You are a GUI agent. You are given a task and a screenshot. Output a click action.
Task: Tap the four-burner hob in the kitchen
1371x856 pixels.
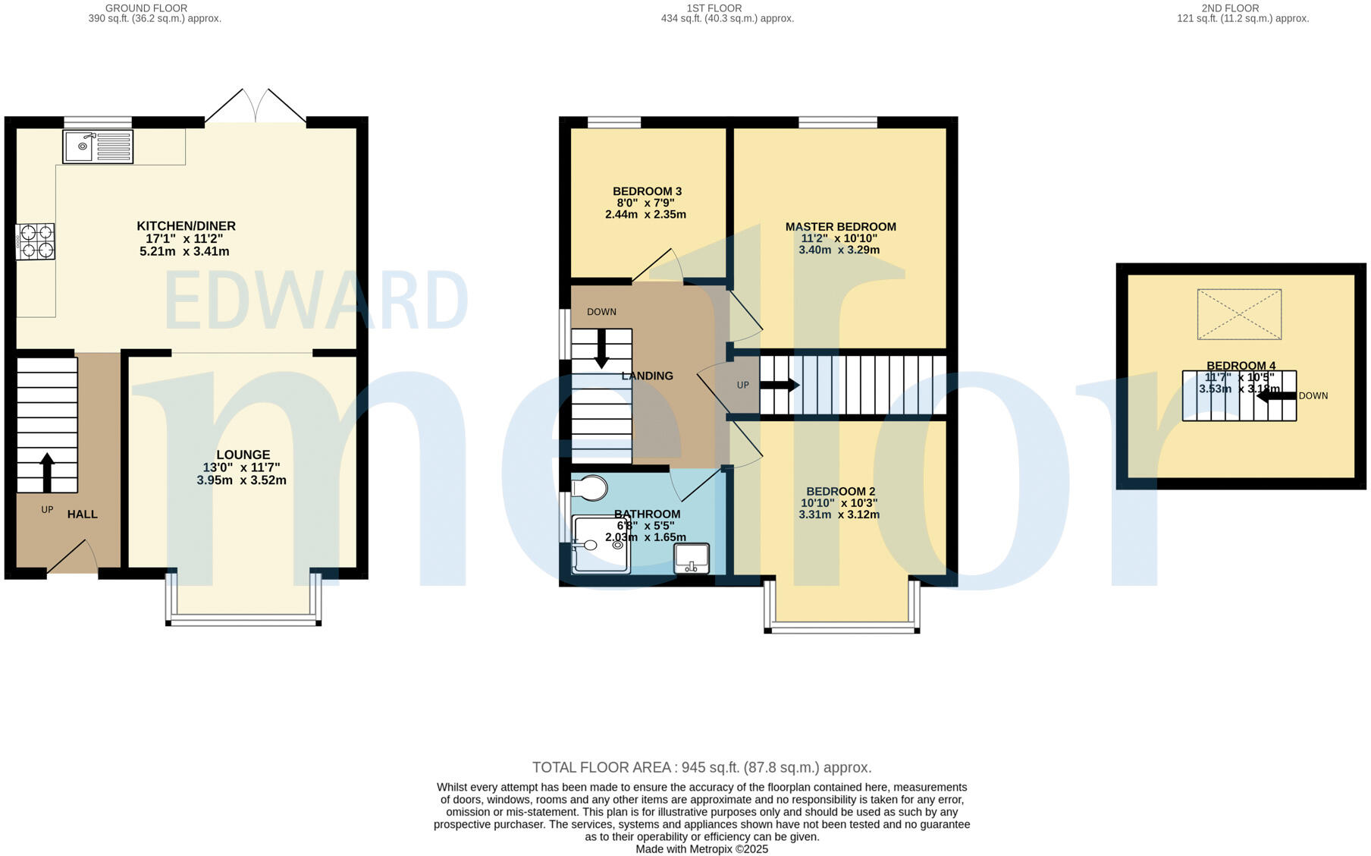pyautogui.click(x=36, y=241)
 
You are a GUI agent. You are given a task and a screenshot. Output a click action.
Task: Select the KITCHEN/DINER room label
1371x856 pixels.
pyautogui.click(x=186, y=226)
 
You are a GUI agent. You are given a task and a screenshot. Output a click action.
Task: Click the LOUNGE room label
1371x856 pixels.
pyautogui.click(x=243, y=455)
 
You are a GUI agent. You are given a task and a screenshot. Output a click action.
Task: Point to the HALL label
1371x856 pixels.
pyautogui.click(x=82, y=515)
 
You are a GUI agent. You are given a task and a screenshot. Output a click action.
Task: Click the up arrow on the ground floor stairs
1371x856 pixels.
pyautogui.click(x=47, y=472)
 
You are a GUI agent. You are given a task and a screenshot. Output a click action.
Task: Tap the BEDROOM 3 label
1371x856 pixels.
pyautogui.click(x=647, y=191)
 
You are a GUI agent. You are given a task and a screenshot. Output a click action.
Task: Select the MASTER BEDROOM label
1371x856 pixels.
pyautogui.click(x=840, y=227)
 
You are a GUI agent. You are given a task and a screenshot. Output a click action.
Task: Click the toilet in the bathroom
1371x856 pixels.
pyautogui.click(x=590, y=488)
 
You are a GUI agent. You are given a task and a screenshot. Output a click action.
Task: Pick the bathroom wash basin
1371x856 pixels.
pyautogui.click(x=692, y=559)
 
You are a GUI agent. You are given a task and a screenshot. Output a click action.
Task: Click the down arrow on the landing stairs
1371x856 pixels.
pyautogui.click(x=601, y=349)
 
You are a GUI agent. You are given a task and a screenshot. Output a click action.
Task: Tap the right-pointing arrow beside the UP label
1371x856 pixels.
pyautogui.click(x=780, y=386)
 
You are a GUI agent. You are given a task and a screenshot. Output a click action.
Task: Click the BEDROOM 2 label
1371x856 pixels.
pyautogui.click(x=840, y=492)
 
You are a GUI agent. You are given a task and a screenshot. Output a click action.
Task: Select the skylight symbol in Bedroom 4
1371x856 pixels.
pyautogui.click(x=1239, y=314)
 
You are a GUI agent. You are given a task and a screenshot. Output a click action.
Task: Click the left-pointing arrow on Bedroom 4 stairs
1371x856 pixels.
pyautogui.click(x=1276, y=395)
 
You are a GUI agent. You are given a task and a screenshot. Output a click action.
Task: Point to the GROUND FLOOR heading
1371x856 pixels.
pyautogui.click(x=146, y=8)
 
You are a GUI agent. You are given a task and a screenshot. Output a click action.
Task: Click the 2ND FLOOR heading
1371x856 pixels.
pyautogui.click(x=1230, y=8)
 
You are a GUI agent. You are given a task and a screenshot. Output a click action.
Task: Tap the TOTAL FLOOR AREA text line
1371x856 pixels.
pyautogui.click(x=701, y=767)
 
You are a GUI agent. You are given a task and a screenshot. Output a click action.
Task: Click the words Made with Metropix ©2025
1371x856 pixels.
pyautogui.click(x=701, y=849)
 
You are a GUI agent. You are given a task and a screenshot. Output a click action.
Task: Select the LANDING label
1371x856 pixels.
pyautogui.click(x=647, y=376)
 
